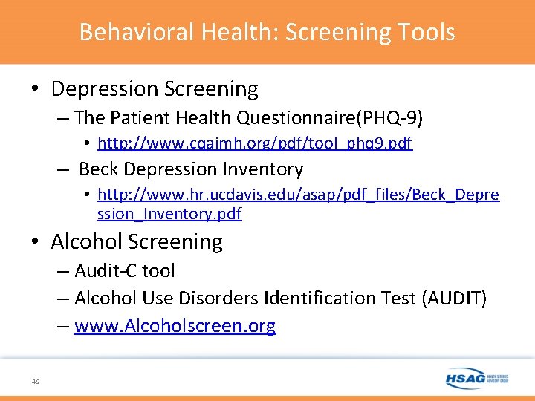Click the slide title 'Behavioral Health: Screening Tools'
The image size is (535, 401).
click(x=267, y=32)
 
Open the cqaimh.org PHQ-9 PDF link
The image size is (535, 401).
click(x=254, y=143)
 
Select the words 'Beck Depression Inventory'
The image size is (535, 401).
click(x=191, y=169)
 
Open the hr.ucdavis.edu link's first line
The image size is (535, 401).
click(x=298, y=195)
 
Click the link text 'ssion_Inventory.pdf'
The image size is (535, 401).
click(x=169, y=214)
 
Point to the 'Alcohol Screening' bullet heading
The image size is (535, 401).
click(x=137, y=241)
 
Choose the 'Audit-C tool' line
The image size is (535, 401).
click(x=125, y=271)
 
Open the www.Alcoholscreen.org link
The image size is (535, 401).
click(x=175, y=326)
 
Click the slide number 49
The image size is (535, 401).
click(x=36, y=381)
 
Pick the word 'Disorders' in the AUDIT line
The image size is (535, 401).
click(x=222, y=299)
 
